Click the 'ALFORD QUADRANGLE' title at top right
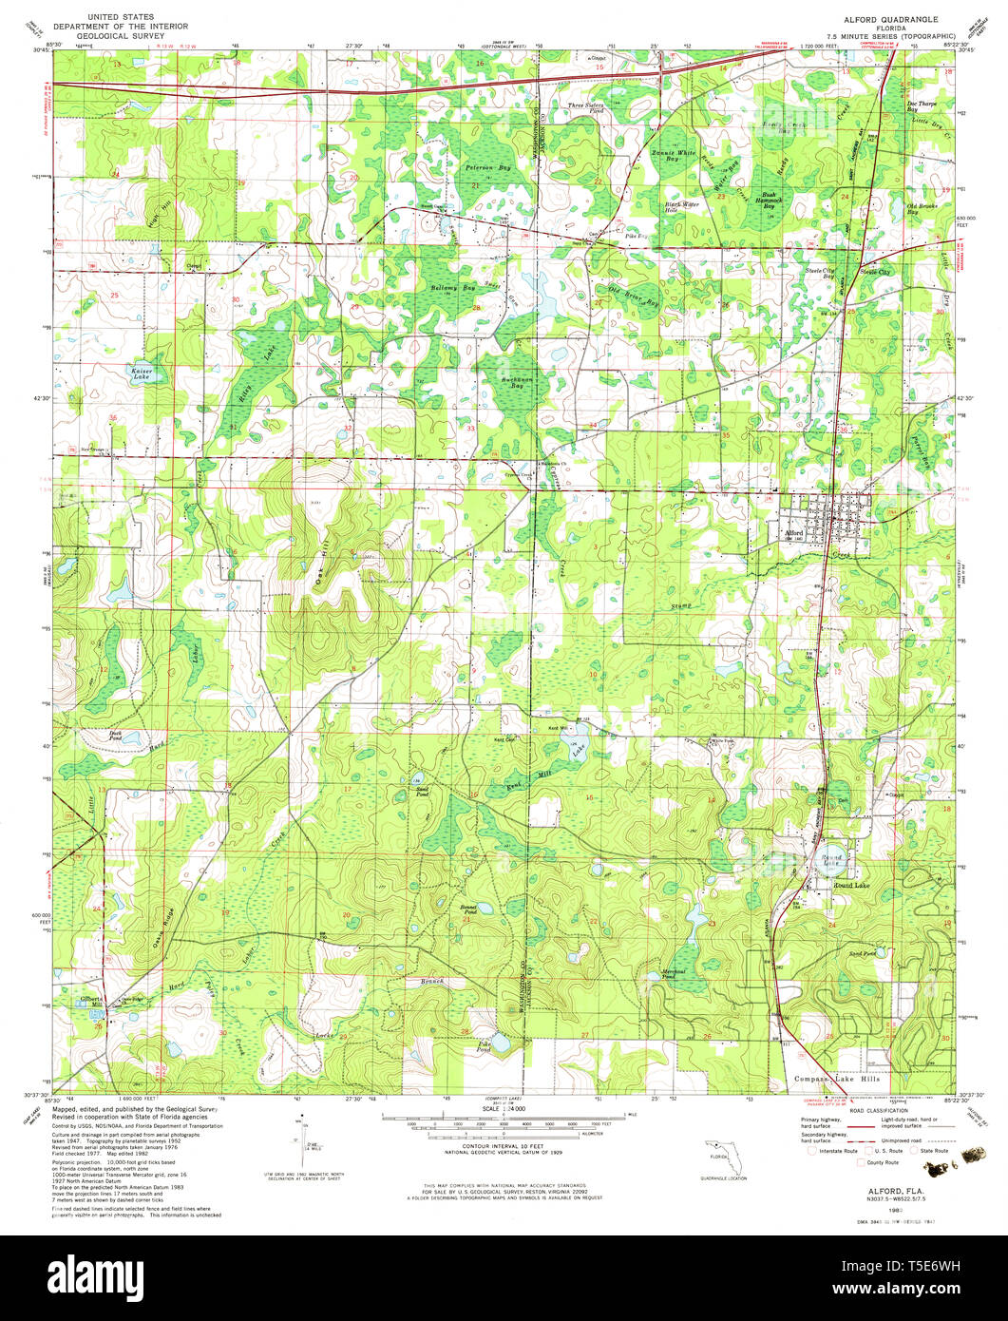pos(884,18)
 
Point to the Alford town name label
pos(796,533)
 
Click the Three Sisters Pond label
pos(586,108)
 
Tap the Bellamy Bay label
pos(453,287)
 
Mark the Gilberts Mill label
pos(92,1001)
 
